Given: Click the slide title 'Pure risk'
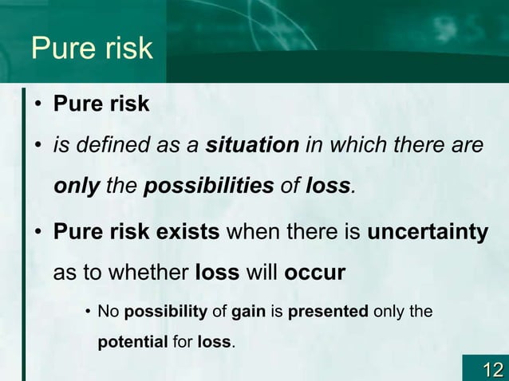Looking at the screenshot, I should click(x=91, y=48).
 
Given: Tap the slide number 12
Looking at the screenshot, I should click(x=491, y=368).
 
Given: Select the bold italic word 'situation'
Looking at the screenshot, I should click(x=252, y=147).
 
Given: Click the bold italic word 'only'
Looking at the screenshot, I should click(x=77, y=187).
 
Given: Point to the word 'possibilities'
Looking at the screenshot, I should click(x=208, y=187).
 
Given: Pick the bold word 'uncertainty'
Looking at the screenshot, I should click(x=428, y=233).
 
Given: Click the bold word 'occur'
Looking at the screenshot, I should click(x=314, y=273).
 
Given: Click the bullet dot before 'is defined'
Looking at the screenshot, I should click(x=37, y=147).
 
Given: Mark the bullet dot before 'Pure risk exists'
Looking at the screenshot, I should click(x=37, y=233).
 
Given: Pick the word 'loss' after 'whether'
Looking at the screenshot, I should click(x=217, y=273).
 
